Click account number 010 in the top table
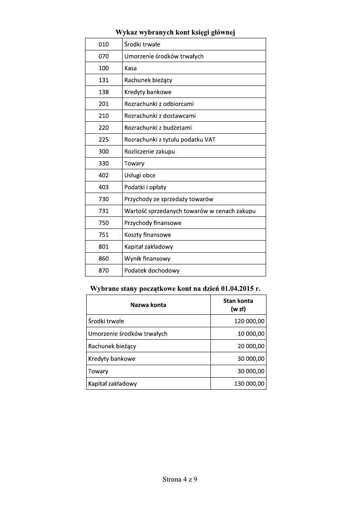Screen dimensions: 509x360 [x=104, y=44]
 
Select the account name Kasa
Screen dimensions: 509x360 [x=131, y=68]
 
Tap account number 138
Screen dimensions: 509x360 [x=104, y=92]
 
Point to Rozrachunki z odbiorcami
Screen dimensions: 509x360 [x=159, y=104]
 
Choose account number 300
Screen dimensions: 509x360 [x=104, y=152]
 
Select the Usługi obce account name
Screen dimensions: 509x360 [x=140, y=175]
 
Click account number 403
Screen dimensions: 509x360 [x=104, y=187]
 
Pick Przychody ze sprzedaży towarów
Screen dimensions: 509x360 [x=169, y=199]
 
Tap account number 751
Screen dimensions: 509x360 [x=104, y=235]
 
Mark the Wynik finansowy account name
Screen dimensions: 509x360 [x=147, y=258]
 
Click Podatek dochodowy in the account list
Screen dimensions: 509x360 [x=152, y=270]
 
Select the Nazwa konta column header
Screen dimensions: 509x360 [x=148, y=305]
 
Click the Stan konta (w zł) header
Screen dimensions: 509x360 [x=238, y=305]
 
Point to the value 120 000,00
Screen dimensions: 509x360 [x=249, y=321]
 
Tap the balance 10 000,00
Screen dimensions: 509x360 [x=251, y=334]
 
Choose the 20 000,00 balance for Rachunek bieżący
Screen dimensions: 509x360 [x=251, y=346]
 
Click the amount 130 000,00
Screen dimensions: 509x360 [x=249, y=384]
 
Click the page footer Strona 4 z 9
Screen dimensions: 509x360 [x=180, y=479]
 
